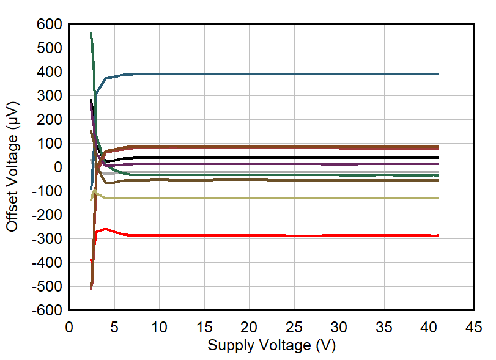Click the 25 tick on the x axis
[294, 327]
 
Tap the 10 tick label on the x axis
[159, 327]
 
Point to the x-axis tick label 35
[384, 327]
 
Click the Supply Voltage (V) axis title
[272, 345]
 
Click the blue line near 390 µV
[275, 74]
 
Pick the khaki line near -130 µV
[275, 198]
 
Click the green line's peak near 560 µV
[91, 34]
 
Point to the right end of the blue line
[438, 74]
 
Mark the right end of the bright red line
[438, 235]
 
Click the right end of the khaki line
[438, 198]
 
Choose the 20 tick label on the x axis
[249, 327]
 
